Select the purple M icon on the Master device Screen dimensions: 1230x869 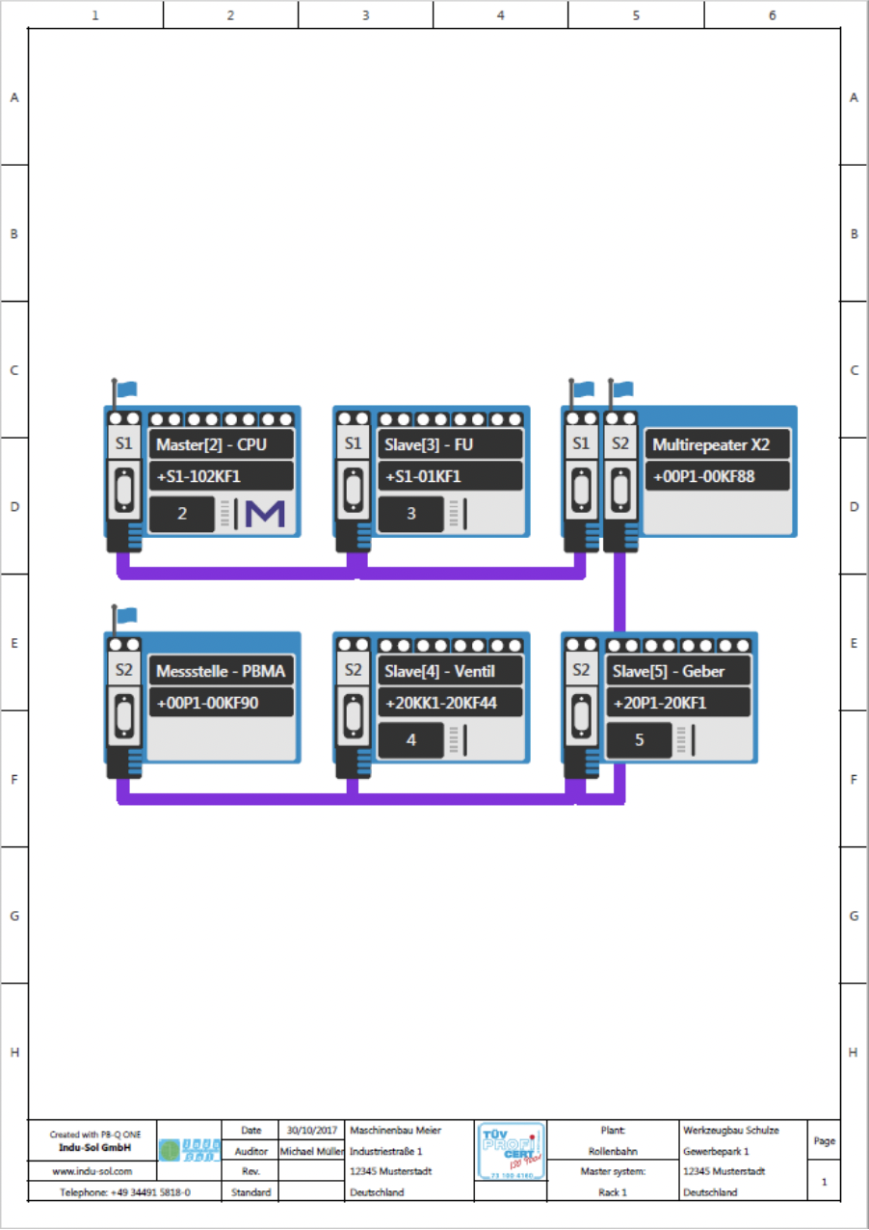click(x=265, y=514)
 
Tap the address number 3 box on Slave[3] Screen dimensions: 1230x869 click(x=411, y=514)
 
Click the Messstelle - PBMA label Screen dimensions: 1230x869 click(x=222, y=672)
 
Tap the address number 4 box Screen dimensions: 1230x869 click(x=411, y=740)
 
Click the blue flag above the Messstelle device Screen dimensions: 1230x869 click(x=126, y=615)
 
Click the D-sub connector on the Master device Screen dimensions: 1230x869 click(x=123, y=491)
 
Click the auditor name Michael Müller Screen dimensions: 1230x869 click(x=311, y=1151)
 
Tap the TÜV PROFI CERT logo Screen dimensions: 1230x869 click(x=511, y=1150)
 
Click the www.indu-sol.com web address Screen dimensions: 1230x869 click(x=92, y=1172)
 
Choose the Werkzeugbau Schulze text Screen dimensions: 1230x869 click(x=730, y=1130)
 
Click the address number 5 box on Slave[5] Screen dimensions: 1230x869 click(x=640, y=740)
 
